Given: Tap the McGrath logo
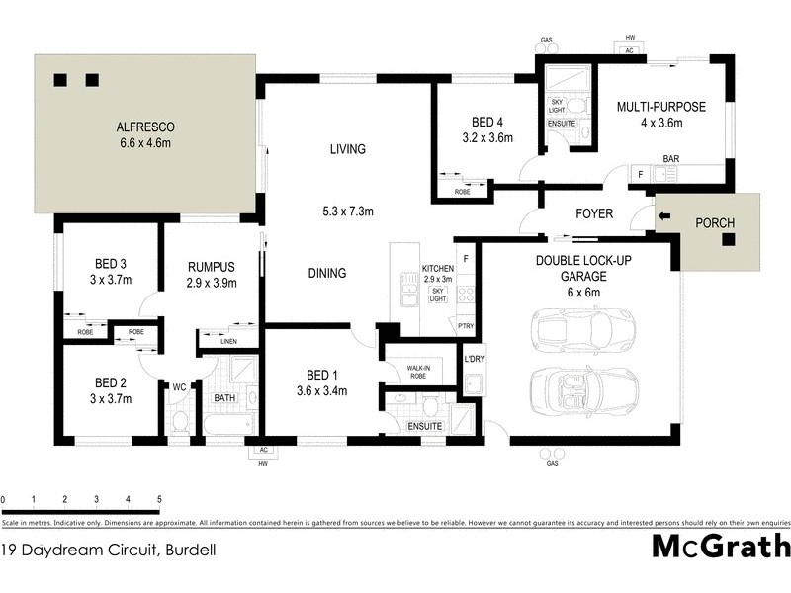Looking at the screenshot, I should click(721, 546).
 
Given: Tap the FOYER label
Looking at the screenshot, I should click(594, 213).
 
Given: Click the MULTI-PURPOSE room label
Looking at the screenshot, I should click(661, 107).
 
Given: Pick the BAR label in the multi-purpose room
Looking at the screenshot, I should click(670, 159).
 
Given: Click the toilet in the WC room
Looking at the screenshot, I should click(180, 422).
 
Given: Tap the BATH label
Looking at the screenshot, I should click(224, 399).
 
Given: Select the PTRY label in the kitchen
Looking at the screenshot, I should click(465, 325).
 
